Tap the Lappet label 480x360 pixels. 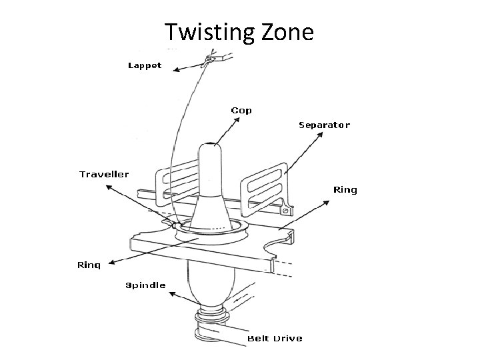pyautogui.click(x=145, y=66)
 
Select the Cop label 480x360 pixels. pyautogui.click(x=241, y=110)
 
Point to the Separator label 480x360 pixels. pyautogui.click(x=324, y=125)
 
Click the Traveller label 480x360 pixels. pyautogui.click(x=105, y=174)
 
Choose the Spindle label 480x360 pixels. pyautogui.click(x=146, y=285)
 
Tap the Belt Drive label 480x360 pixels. pyautogui.click(x=275, y=338)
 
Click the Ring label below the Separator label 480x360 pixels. pyautogui.click(x=345, y=190)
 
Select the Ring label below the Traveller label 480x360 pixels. pyautogui.click(x=89, y=265)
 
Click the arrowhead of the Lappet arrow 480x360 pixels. pyautogui.click(x=173, y=69)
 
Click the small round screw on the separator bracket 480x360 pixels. pyautogui.click(x=286, y=211)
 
